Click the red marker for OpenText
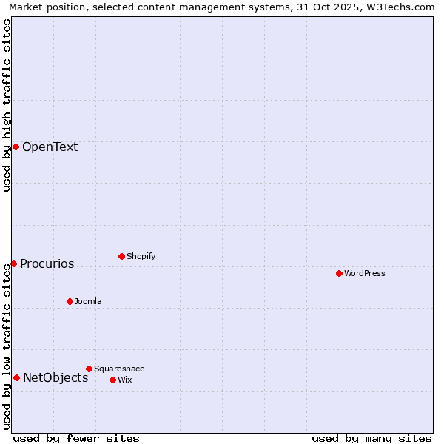tap(16, 147)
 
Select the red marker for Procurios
tap(13, 263)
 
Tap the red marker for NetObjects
tap(16, 377)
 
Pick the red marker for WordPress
tap(339, 273)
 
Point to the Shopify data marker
tap(121, 256)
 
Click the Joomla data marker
tap(70, 301)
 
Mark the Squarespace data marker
tap(89, 369)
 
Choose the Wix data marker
tap(112, 380)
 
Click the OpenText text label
tap(50, 147)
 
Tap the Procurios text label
tap(47, 263)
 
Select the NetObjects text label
tap(55, 377)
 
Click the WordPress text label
tap(365, 273)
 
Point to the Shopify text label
tap(141, 256)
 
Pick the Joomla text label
tap(88, 301)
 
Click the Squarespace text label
tap(119, 369)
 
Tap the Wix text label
tap(124, 380)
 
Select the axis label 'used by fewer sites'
tap(76, 438)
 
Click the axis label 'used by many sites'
tap(371, 438)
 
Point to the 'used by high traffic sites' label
tap(7, 105)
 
